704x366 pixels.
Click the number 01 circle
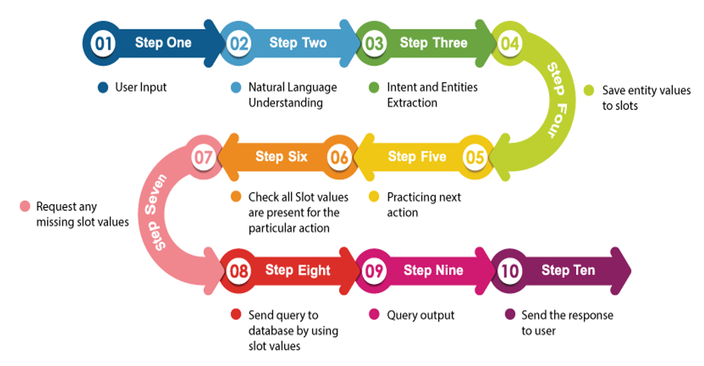click(x=102, y=44)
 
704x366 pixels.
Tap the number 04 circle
click(x=510, y=44)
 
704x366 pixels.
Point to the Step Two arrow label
click(x=298, y=43)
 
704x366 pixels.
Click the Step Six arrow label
click(x=281, y=156)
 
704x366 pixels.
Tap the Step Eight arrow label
click(x=298, y=270)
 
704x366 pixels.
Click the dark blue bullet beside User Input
click(x=102, y=88)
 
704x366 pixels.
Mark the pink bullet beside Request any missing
click(x=25, y=207)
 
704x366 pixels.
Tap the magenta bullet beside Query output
click(x=374, y=315)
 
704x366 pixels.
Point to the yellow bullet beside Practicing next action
click(x=374, y=197)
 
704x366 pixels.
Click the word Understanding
click(x=285, y=103)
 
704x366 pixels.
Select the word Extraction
click(x=412, y=103)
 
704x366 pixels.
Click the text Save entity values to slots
click(x=646, y=98)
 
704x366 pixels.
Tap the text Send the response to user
click(x=567, y=323)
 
